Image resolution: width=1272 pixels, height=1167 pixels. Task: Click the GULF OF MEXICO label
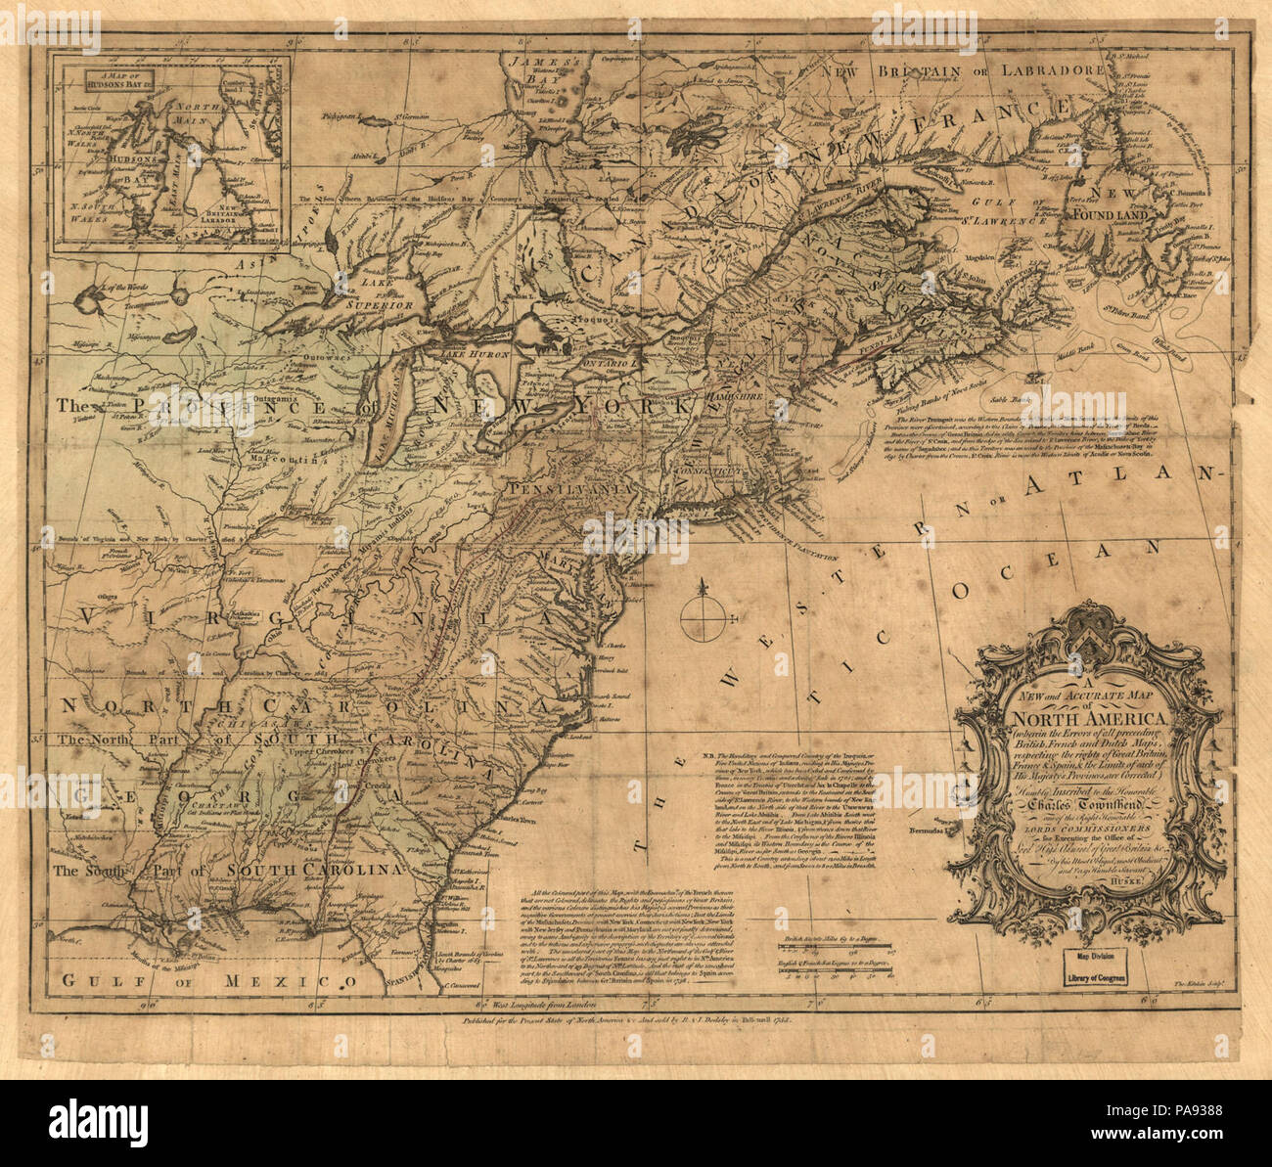(205, 979)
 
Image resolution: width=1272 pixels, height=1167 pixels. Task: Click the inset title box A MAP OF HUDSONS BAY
(114, 79)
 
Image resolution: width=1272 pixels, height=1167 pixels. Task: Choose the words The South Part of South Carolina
(229, 869)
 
